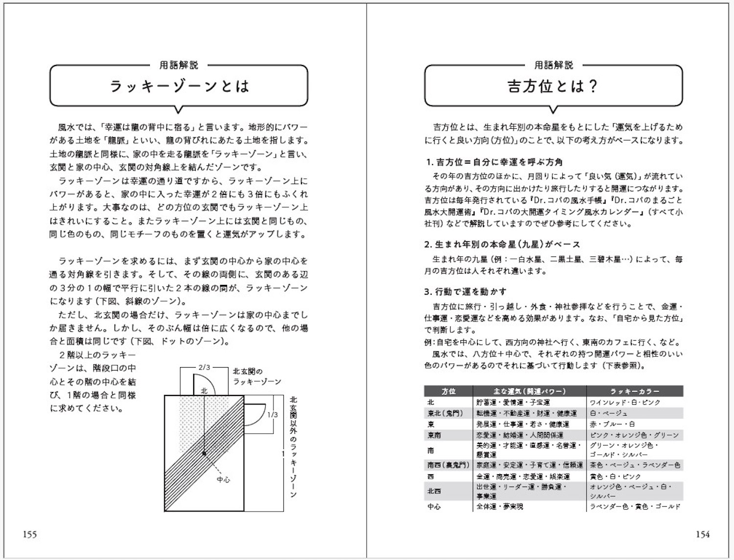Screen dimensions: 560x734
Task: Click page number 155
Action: point(30,535)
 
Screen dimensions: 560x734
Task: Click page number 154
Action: point(703,535)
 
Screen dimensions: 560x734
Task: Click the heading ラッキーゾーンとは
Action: point(179,87)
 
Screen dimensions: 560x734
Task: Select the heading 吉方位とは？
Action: point(553,87)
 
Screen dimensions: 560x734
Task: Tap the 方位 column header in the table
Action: point(448,391)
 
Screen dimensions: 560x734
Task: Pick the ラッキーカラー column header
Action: point(635,391)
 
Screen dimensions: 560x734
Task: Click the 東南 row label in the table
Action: point(434,435)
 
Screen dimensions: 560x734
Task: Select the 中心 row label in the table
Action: point(434,507)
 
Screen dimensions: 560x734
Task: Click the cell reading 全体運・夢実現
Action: point(500,507)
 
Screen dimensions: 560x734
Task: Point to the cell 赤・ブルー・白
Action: point(612,424)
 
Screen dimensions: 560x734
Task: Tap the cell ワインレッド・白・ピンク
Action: point(625,402)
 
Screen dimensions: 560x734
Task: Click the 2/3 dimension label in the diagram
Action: point(204,367)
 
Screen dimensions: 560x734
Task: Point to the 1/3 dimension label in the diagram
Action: point(273,415)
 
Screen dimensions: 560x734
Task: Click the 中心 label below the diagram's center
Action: point(224,480)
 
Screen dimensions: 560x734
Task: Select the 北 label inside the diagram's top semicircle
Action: point(204,391)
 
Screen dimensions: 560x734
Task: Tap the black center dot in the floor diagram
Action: point(204,453)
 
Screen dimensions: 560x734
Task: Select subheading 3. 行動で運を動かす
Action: point(465,292)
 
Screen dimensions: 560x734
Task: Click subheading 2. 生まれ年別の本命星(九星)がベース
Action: point(502,244)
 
